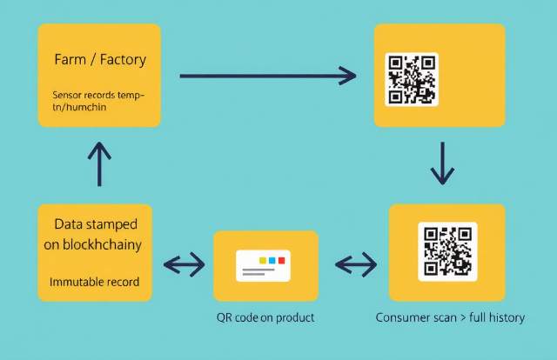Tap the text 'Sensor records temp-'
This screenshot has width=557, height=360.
pos(97,93)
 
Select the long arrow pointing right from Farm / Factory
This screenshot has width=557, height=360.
pos(267,77)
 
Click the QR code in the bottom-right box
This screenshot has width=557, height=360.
pos(446,251)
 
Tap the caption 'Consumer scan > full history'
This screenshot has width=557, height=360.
pos(450,317)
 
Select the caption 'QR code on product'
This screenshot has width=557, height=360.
pos(265,317)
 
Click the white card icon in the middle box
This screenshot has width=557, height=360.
pos(265,264)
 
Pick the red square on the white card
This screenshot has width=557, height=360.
pos(282,260)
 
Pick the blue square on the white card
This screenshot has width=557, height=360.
pos(272,260)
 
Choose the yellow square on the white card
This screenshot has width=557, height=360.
pos(261,260)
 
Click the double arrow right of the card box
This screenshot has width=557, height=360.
pos(355,263)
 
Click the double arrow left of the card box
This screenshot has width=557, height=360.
pos(184,263)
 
